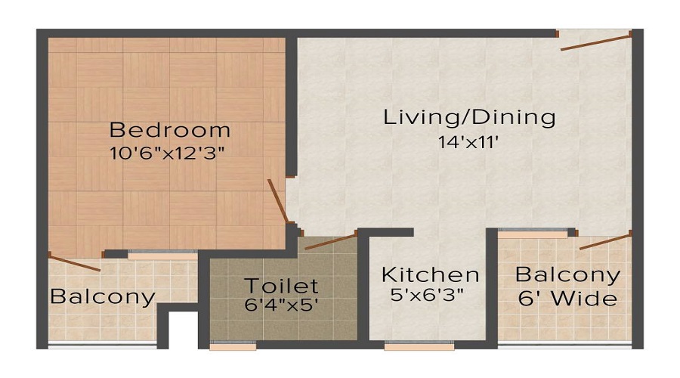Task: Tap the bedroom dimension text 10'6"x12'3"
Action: tap(168, 151)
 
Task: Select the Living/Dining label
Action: tap(469, 118)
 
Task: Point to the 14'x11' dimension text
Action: tap(468, 141)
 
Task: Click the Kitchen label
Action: tap(430, 274)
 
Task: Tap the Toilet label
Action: tap(281, 287)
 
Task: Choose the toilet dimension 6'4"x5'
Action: tap(281, 306)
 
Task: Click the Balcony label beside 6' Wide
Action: tap(567, 274)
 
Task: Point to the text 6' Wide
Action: tap(567, 299)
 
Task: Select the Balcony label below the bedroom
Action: tap(103, 296)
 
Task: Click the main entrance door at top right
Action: tap(595, 42)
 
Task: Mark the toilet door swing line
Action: tap(330, 242)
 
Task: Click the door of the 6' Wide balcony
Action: tap(605, 241)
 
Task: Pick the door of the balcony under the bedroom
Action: tap(74, 262)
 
